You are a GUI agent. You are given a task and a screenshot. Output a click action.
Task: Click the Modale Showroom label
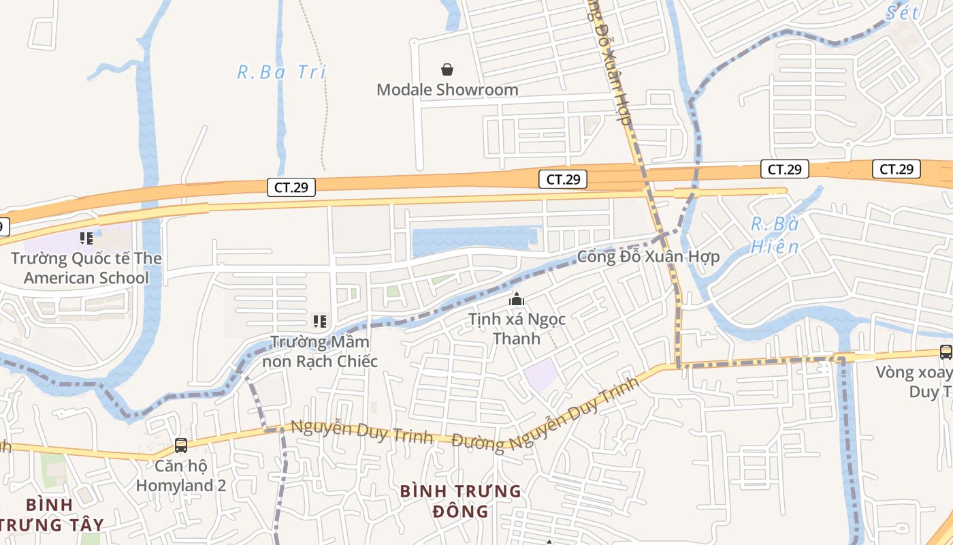(x=447, y=89)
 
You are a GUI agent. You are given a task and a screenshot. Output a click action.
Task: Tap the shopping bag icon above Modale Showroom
(x=447, y=69)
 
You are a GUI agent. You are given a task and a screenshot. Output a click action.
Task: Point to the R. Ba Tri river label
(x=282, y=72)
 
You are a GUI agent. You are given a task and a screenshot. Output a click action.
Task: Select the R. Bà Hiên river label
(x=775, y=235)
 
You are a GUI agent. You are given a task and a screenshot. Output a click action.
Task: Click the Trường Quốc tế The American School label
(x=86, y=268)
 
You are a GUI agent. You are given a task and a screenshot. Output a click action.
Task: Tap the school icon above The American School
(x=86, y=238)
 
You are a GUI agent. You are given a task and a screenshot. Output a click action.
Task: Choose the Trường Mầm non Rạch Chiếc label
(x=320, y=351)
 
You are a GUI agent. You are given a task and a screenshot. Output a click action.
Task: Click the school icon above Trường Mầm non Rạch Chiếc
(x=319, y=321)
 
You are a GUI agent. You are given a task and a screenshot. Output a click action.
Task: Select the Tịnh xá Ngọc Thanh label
(x=517, y=328)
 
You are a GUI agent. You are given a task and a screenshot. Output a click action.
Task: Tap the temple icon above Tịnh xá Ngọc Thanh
(x=517, y=300)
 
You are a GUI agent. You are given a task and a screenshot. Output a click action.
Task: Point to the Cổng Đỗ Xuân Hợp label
(x=648, y=257)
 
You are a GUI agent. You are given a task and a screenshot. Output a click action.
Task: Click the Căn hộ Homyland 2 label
(x=181, y=476)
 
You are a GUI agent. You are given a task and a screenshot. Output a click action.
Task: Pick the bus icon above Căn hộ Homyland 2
(x=181, y=446)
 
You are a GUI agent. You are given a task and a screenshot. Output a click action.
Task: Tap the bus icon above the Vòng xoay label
(x=946, y=352)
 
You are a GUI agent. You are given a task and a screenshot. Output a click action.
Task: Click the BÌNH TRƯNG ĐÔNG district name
(x=461, y=501)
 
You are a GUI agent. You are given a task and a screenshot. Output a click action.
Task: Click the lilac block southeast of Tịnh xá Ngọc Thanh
(x=542, y=375)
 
